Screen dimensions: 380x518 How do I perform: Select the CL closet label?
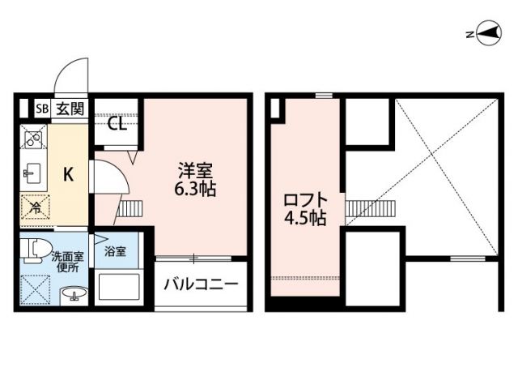117,125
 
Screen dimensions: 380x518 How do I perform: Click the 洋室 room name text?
195,172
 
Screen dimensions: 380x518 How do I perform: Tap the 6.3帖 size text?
195,191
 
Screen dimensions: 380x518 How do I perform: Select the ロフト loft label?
305,199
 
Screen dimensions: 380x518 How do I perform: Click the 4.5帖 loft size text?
305,219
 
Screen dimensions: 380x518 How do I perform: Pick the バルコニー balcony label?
200,285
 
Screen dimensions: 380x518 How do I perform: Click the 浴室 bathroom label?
116,251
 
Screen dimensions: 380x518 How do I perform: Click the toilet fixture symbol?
32,250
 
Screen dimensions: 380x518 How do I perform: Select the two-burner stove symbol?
33,140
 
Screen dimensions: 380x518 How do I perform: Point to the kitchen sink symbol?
32,172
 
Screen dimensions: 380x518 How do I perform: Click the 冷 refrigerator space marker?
36,208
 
